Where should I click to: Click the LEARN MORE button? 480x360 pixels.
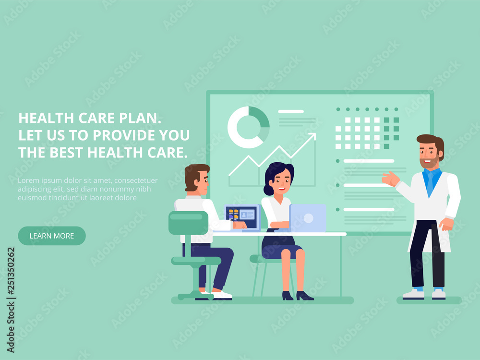point(52,236)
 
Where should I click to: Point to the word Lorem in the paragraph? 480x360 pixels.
point(28,180)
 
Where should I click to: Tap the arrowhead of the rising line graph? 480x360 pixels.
point(312,136)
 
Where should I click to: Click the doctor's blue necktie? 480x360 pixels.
point(431,183)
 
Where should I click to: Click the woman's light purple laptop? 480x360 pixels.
point(307,218)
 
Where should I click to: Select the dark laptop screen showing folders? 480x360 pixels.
point(241,217)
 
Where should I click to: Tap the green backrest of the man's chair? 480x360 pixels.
point(188,223)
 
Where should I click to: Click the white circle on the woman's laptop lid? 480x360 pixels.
point(308,218)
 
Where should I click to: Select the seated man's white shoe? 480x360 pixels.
point(221,295)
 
